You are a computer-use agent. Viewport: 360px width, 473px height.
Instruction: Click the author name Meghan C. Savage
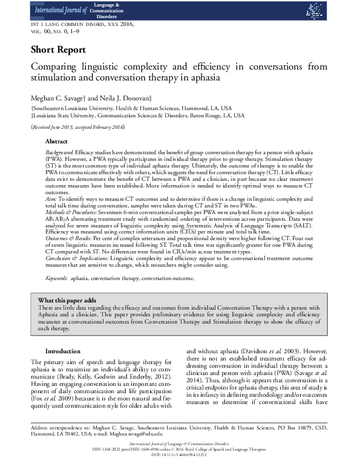[59, 97]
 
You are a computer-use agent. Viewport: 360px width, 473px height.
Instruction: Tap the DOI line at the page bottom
[180, 468]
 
